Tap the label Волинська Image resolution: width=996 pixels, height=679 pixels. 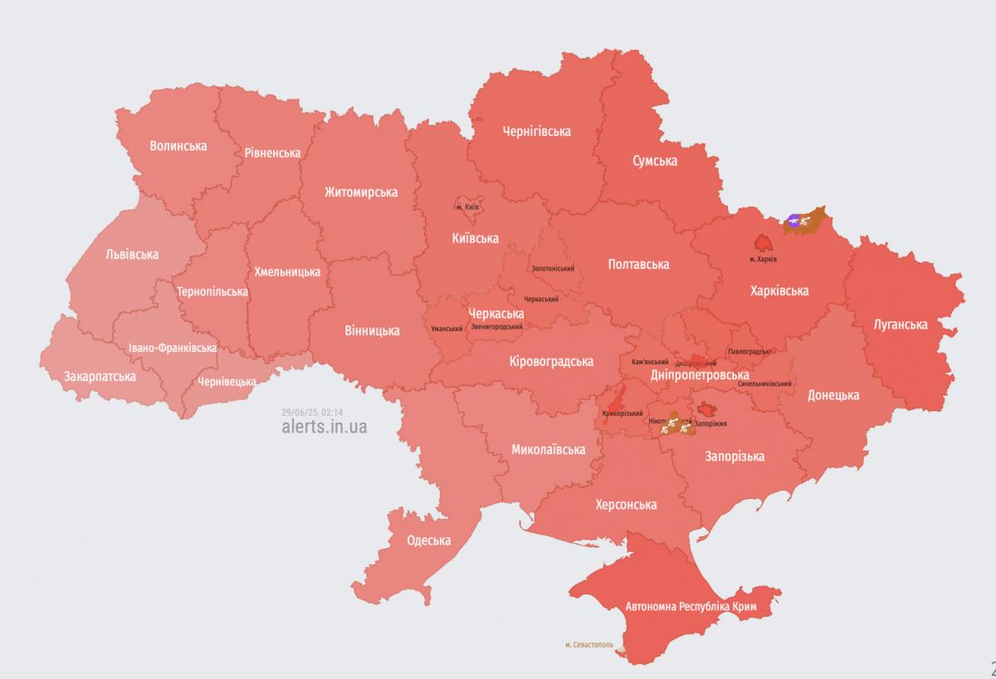(x=178, y=146)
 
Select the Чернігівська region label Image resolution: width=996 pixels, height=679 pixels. (x=536, y=131)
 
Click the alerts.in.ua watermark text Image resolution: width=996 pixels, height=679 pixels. (x=324, y=427)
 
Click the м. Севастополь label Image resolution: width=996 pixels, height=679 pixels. (x=588, y=644)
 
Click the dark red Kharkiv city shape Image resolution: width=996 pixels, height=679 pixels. (x=762, y=242)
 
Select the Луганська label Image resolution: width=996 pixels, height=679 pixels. (x=901, y=324)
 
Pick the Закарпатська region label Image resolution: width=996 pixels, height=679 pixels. (x=100, y=376)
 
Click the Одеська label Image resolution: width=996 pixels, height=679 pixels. (x=429, y=540)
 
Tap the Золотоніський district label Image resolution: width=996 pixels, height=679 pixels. (x=553, y=268)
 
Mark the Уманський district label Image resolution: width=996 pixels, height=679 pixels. (x=447, y=329)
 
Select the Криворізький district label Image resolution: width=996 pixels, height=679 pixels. (x=622, y=413)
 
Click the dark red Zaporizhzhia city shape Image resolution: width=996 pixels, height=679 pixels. (x=708, y=408)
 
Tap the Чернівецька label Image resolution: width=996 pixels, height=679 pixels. (x=227, y=382)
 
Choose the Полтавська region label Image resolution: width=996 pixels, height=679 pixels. (x=638, y=264)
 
